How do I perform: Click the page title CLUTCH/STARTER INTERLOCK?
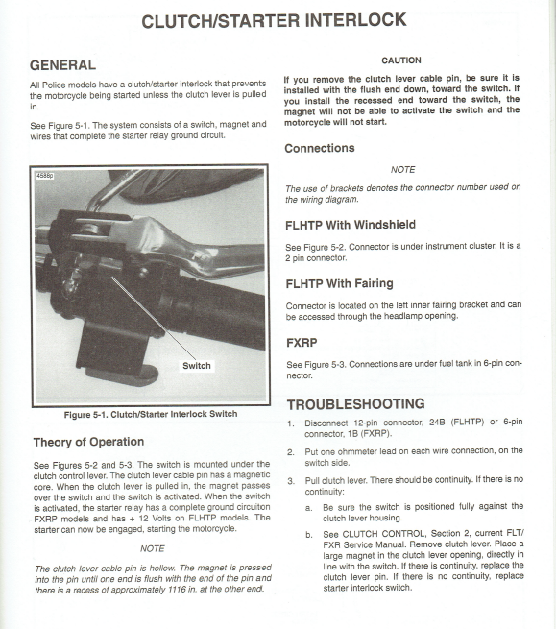[x=275, y=21]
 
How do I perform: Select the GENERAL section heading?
[x=62, y=65]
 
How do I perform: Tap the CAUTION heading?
[x=401, y=60]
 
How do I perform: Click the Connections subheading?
[x=320, y=148]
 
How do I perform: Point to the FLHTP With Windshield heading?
[x=351, y=225]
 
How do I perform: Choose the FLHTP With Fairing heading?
[x=339, y=283]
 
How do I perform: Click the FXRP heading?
[x=302, y=343]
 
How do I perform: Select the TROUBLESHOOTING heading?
[x=356, y=404]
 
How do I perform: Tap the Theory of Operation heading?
[x=88, y=442]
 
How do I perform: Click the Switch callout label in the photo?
[x=197, y=366]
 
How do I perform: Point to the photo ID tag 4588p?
[x=45, y=176]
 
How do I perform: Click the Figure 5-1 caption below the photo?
[x=151, y=414]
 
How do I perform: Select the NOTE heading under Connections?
[x=402, y=170]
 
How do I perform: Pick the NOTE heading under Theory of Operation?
[x=153, y=548]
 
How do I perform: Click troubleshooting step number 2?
[x=291, y=452]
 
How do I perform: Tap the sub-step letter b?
[x=308, y=535]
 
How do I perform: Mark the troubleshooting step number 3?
[x=291, y=481]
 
